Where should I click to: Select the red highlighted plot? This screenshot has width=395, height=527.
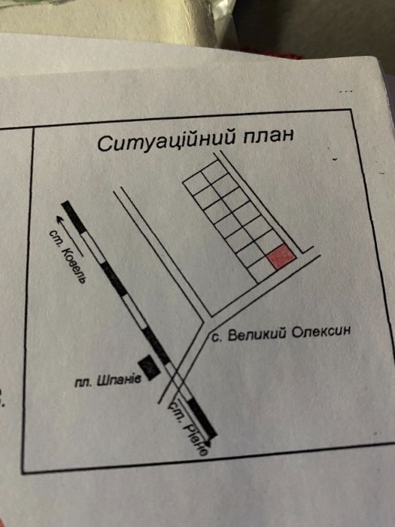[281, 257]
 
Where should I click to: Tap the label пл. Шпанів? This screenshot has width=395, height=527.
[108, 381]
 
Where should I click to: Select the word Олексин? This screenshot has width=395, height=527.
[321, 332]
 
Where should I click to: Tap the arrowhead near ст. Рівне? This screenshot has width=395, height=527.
[208, 443]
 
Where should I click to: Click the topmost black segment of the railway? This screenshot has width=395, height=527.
[74, 218]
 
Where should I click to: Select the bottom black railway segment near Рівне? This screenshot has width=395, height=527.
[202, 419]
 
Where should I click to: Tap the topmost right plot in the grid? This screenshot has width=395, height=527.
[214, 172]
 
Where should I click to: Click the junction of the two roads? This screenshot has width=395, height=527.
[206, 321]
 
